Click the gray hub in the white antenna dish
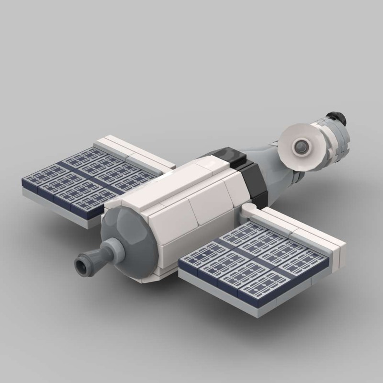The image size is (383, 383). pyautogui.click(x=302, y=143)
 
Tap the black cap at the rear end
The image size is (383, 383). pyautogui.click(x=336, y=118)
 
